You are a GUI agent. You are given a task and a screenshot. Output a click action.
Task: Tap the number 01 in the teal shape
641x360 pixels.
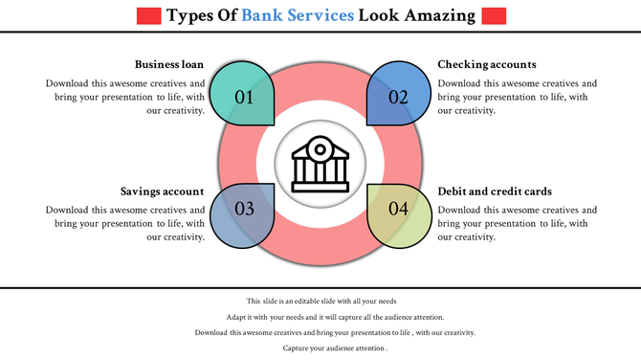click(244, 97)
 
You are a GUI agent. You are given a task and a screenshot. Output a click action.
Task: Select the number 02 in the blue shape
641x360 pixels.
click(398, 97)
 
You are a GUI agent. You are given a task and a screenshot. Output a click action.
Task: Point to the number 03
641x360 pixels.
click(244, 209)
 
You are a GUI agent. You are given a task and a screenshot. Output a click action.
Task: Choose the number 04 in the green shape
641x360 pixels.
click(398, 209)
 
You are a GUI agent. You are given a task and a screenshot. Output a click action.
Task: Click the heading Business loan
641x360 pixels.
click(169, 64)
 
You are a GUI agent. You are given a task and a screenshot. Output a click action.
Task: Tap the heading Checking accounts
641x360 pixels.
click(487, 64)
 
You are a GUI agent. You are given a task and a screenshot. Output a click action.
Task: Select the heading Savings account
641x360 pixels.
click(163, 191)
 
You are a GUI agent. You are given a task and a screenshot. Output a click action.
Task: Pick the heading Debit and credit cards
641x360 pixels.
click(495, 191)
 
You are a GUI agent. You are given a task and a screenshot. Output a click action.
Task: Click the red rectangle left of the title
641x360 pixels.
click(148, 15)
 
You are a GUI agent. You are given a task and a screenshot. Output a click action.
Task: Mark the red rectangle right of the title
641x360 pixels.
click(494, 15)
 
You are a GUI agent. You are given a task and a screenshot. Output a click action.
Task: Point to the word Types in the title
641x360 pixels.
click(190, 15)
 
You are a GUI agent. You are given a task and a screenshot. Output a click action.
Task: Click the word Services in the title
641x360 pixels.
click(321, 15)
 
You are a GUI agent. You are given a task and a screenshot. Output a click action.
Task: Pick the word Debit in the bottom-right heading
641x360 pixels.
click(454, 191)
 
